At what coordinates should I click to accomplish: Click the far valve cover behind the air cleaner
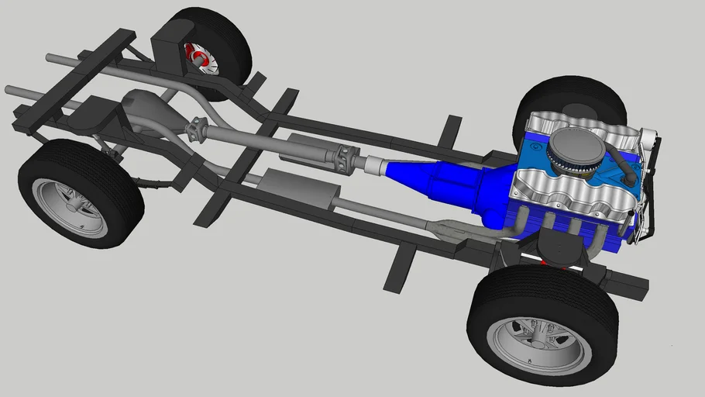click(573, 124)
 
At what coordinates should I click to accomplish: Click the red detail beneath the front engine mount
click(542, 263)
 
